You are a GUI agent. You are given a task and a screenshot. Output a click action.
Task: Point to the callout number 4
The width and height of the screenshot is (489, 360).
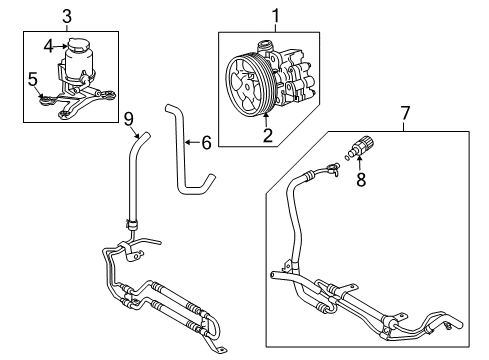click(x=46, y=45)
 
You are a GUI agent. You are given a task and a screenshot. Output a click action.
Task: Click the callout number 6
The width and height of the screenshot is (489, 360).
click(x=206, y=143)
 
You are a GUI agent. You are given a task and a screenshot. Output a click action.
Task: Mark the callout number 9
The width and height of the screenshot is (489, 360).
click(x=128, y=120)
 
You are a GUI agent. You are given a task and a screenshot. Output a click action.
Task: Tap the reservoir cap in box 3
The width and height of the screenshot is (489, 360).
click(x=78, y=46)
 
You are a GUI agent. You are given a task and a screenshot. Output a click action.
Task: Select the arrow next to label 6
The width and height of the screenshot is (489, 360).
click(x=192, y=143)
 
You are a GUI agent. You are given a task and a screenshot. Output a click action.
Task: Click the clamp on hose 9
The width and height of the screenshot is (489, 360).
click(x=128, y=222)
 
